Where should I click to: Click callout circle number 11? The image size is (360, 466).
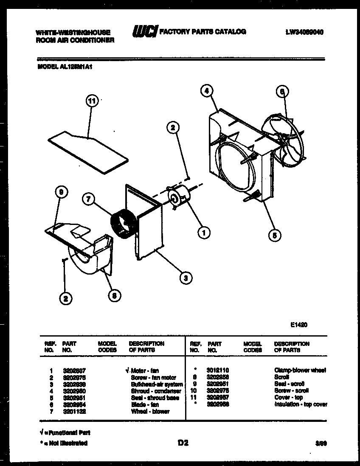(x=92, y=101)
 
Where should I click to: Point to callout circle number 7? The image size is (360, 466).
(x=88, y=200)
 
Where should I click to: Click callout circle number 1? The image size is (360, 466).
(x=204, y=232)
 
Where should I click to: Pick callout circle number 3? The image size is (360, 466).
(x=185, y=278)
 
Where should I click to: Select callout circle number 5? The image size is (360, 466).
(x=275, y=235)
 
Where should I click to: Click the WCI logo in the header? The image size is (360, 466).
(x=145, y=31)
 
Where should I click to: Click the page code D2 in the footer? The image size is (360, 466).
(x=183, y=443)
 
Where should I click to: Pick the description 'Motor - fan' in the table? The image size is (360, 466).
(x=145, y=371)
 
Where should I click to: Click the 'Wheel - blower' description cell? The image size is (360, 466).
(x=150, y=411)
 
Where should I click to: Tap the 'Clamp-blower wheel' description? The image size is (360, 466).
(x=300, y=371)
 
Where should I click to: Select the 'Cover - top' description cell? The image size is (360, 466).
(x=288, y=398)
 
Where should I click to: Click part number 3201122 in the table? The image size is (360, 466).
(x=74, y=411)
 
